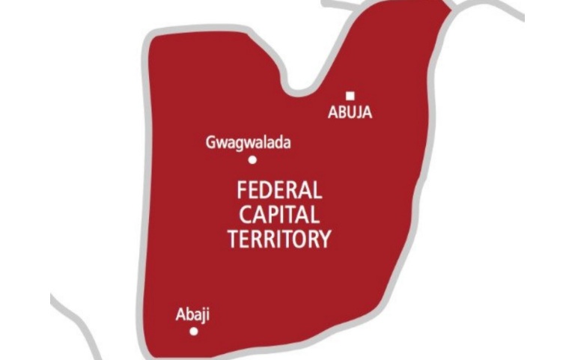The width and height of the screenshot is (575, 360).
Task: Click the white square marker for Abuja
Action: [x=350, y=95]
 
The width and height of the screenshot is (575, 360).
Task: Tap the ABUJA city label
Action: [x=350, y=114]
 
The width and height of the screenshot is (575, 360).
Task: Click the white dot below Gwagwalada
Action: [x=252, y=159]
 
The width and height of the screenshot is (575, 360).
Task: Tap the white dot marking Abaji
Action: [x=194, y=331]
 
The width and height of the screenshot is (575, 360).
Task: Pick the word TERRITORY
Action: [x=279, y=240]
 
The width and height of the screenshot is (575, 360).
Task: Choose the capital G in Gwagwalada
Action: [x=210, y=141]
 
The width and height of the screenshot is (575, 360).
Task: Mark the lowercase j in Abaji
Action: [x=202, y=315]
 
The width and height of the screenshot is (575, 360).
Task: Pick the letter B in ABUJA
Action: [x=341, y=114]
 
